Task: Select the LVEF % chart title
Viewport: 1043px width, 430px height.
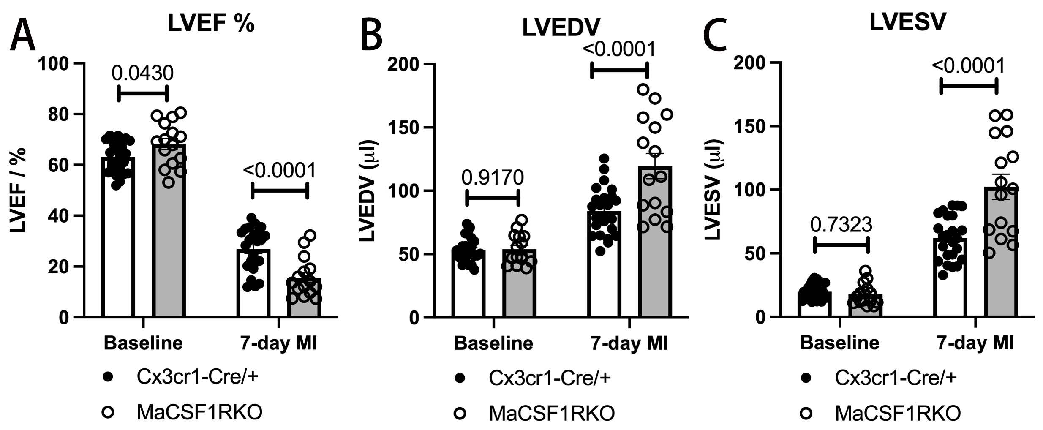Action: point(211,24)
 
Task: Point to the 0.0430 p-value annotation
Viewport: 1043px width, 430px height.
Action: point(142,73)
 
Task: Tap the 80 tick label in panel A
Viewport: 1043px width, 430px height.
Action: point(59,114)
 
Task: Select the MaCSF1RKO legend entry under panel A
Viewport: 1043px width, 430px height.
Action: point(199,412)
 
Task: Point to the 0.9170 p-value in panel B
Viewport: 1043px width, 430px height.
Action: point(492,177)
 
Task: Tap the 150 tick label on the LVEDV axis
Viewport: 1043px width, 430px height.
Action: point(406,127)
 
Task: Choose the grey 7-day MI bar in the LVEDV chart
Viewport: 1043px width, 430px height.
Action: point(655,245)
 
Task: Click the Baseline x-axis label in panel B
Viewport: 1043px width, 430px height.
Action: point(493,343)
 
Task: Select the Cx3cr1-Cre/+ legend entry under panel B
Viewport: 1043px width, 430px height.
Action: point(549,378)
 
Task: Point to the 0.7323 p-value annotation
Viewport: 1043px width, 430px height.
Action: point(841,225)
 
